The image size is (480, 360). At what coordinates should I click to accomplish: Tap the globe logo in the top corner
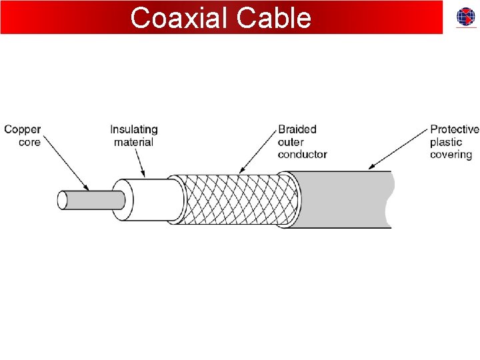[x=466, y=18]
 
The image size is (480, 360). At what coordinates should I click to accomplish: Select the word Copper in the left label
[x=23, y=129]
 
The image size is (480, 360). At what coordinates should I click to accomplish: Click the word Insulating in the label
[x=134, y=129]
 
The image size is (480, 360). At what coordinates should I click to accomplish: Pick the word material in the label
[x=133, y=142]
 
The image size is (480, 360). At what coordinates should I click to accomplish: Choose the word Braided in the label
[x=297, y=129]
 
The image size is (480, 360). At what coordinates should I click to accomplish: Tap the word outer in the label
[x=291, y=142]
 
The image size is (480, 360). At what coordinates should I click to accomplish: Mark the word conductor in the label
[x=303, y=155]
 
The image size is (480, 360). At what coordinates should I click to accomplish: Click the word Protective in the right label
[x=455, y=129]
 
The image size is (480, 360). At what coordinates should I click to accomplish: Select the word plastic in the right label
[x=446, y=142]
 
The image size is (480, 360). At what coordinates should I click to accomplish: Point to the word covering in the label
[x=451, y=155]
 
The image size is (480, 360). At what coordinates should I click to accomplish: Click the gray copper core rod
[x=93, y=199]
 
